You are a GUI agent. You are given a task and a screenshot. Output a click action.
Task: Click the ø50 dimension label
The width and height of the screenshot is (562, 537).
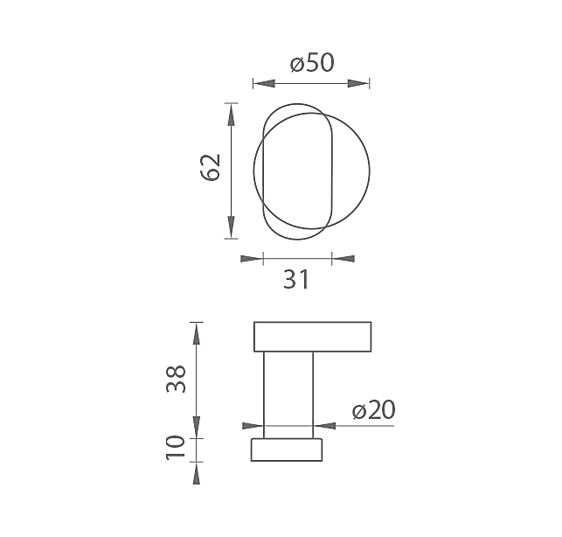coord(312,63)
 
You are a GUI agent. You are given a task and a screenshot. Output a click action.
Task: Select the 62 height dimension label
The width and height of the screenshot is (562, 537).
coord(210,168)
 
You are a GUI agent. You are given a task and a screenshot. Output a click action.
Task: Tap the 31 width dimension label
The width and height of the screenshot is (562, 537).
coord(296,280)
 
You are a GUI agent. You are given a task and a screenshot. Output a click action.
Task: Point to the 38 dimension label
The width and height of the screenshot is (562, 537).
coord(177,380)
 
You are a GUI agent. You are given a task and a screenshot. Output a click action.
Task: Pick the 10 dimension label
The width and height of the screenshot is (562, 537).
coord(176,447)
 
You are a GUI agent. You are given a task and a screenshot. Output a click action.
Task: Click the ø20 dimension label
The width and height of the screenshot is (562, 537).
coord(374,409)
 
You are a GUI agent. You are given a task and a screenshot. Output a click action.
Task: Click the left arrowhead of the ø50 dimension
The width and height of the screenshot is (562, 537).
coord(264,84)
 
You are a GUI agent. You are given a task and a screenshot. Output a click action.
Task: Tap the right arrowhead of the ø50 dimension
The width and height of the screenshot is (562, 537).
coord(358,84)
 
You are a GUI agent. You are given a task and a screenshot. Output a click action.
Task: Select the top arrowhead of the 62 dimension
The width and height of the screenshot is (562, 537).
coord(231,115)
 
